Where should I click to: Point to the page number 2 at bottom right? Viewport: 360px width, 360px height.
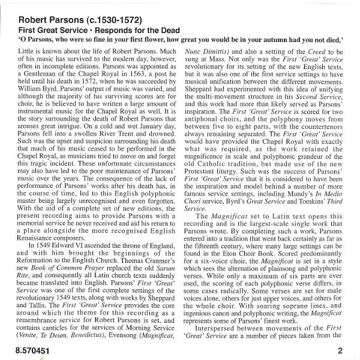coord(340,350)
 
